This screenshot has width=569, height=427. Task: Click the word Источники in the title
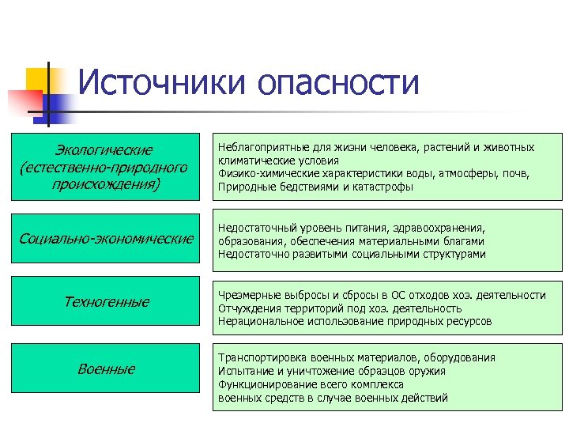(x=163, y=83)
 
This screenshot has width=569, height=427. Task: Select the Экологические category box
(x=106, y=167)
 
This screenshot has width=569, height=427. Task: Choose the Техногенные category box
(x=106, y=302)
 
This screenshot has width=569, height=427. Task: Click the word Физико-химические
(x=260, y=174)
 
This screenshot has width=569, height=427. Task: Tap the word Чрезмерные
(x=247, y=295)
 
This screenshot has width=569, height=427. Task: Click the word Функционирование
(x=263, y=384)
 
